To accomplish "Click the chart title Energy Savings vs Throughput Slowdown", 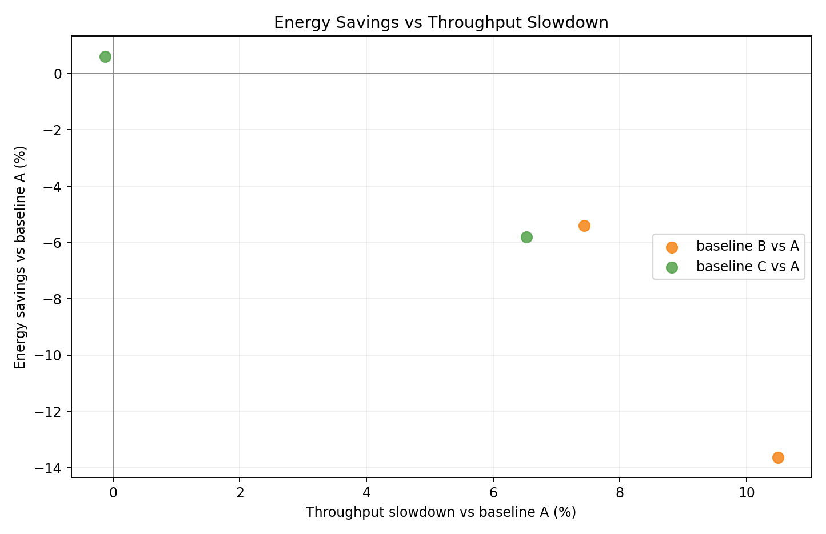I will click(x=441, y=23).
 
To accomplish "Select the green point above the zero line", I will click(x=105, y=57).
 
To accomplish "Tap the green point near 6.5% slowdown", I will click(x=526, y=237).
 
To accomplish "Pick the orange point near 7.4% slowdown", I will click(x=584, y=226).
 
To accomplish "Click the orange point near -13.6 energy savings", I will click(x=778, y=457).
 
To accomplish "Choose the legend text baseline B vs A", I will click(x=747, y=246).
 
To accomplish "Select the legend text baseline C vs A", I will click(x=747, y=267).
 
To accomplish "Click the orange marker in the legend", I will click(x=672, y=247).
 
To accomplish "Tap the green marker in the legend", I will click(x=672, y=267).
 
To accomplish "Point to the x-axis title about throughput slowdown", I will click(x=441, y=512).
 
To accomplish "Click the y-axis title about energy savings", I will click(x=21, y=257).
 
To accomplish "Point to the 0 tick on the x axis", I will click(x=113, y=493).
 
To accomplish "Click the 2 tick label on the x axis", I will click(x=240, y=493).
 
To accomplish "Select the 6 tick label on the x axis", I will click(x=493, y=493).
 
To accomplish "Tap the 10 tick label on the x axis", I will click(x=746, y=493).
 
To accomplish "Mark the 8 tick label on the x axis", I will click(x=620, y=493).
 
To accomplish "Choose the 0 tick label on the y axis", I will click(x=58, y=74).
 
